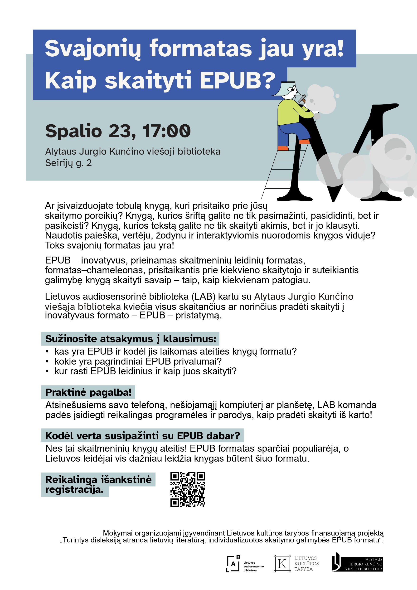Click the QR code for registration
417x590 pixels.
(x=188, y=489)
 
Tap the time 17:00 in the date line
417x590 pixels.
(x=166, y=131)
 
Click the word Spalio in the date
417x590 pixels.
(x=73, y=131)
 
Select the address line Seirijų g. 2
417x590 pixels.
(x=68, y=163)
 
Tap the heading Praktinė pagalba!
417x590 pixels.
(x=88, y=392)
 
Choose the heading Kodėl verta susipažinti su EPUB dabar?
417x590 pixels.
(x=143, y=436)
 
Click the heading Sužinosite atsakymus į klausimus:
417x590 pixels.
(x=131, y=339)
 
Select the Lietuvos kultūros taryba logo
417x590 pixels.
(x=296, y=564)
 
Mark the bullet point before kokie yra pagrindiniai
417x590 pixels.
(x=47, y=361)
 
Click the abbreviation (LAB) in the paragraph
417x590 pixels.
(x=204, y=297)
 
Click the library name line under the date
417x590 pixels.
(x=133, y=152)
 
